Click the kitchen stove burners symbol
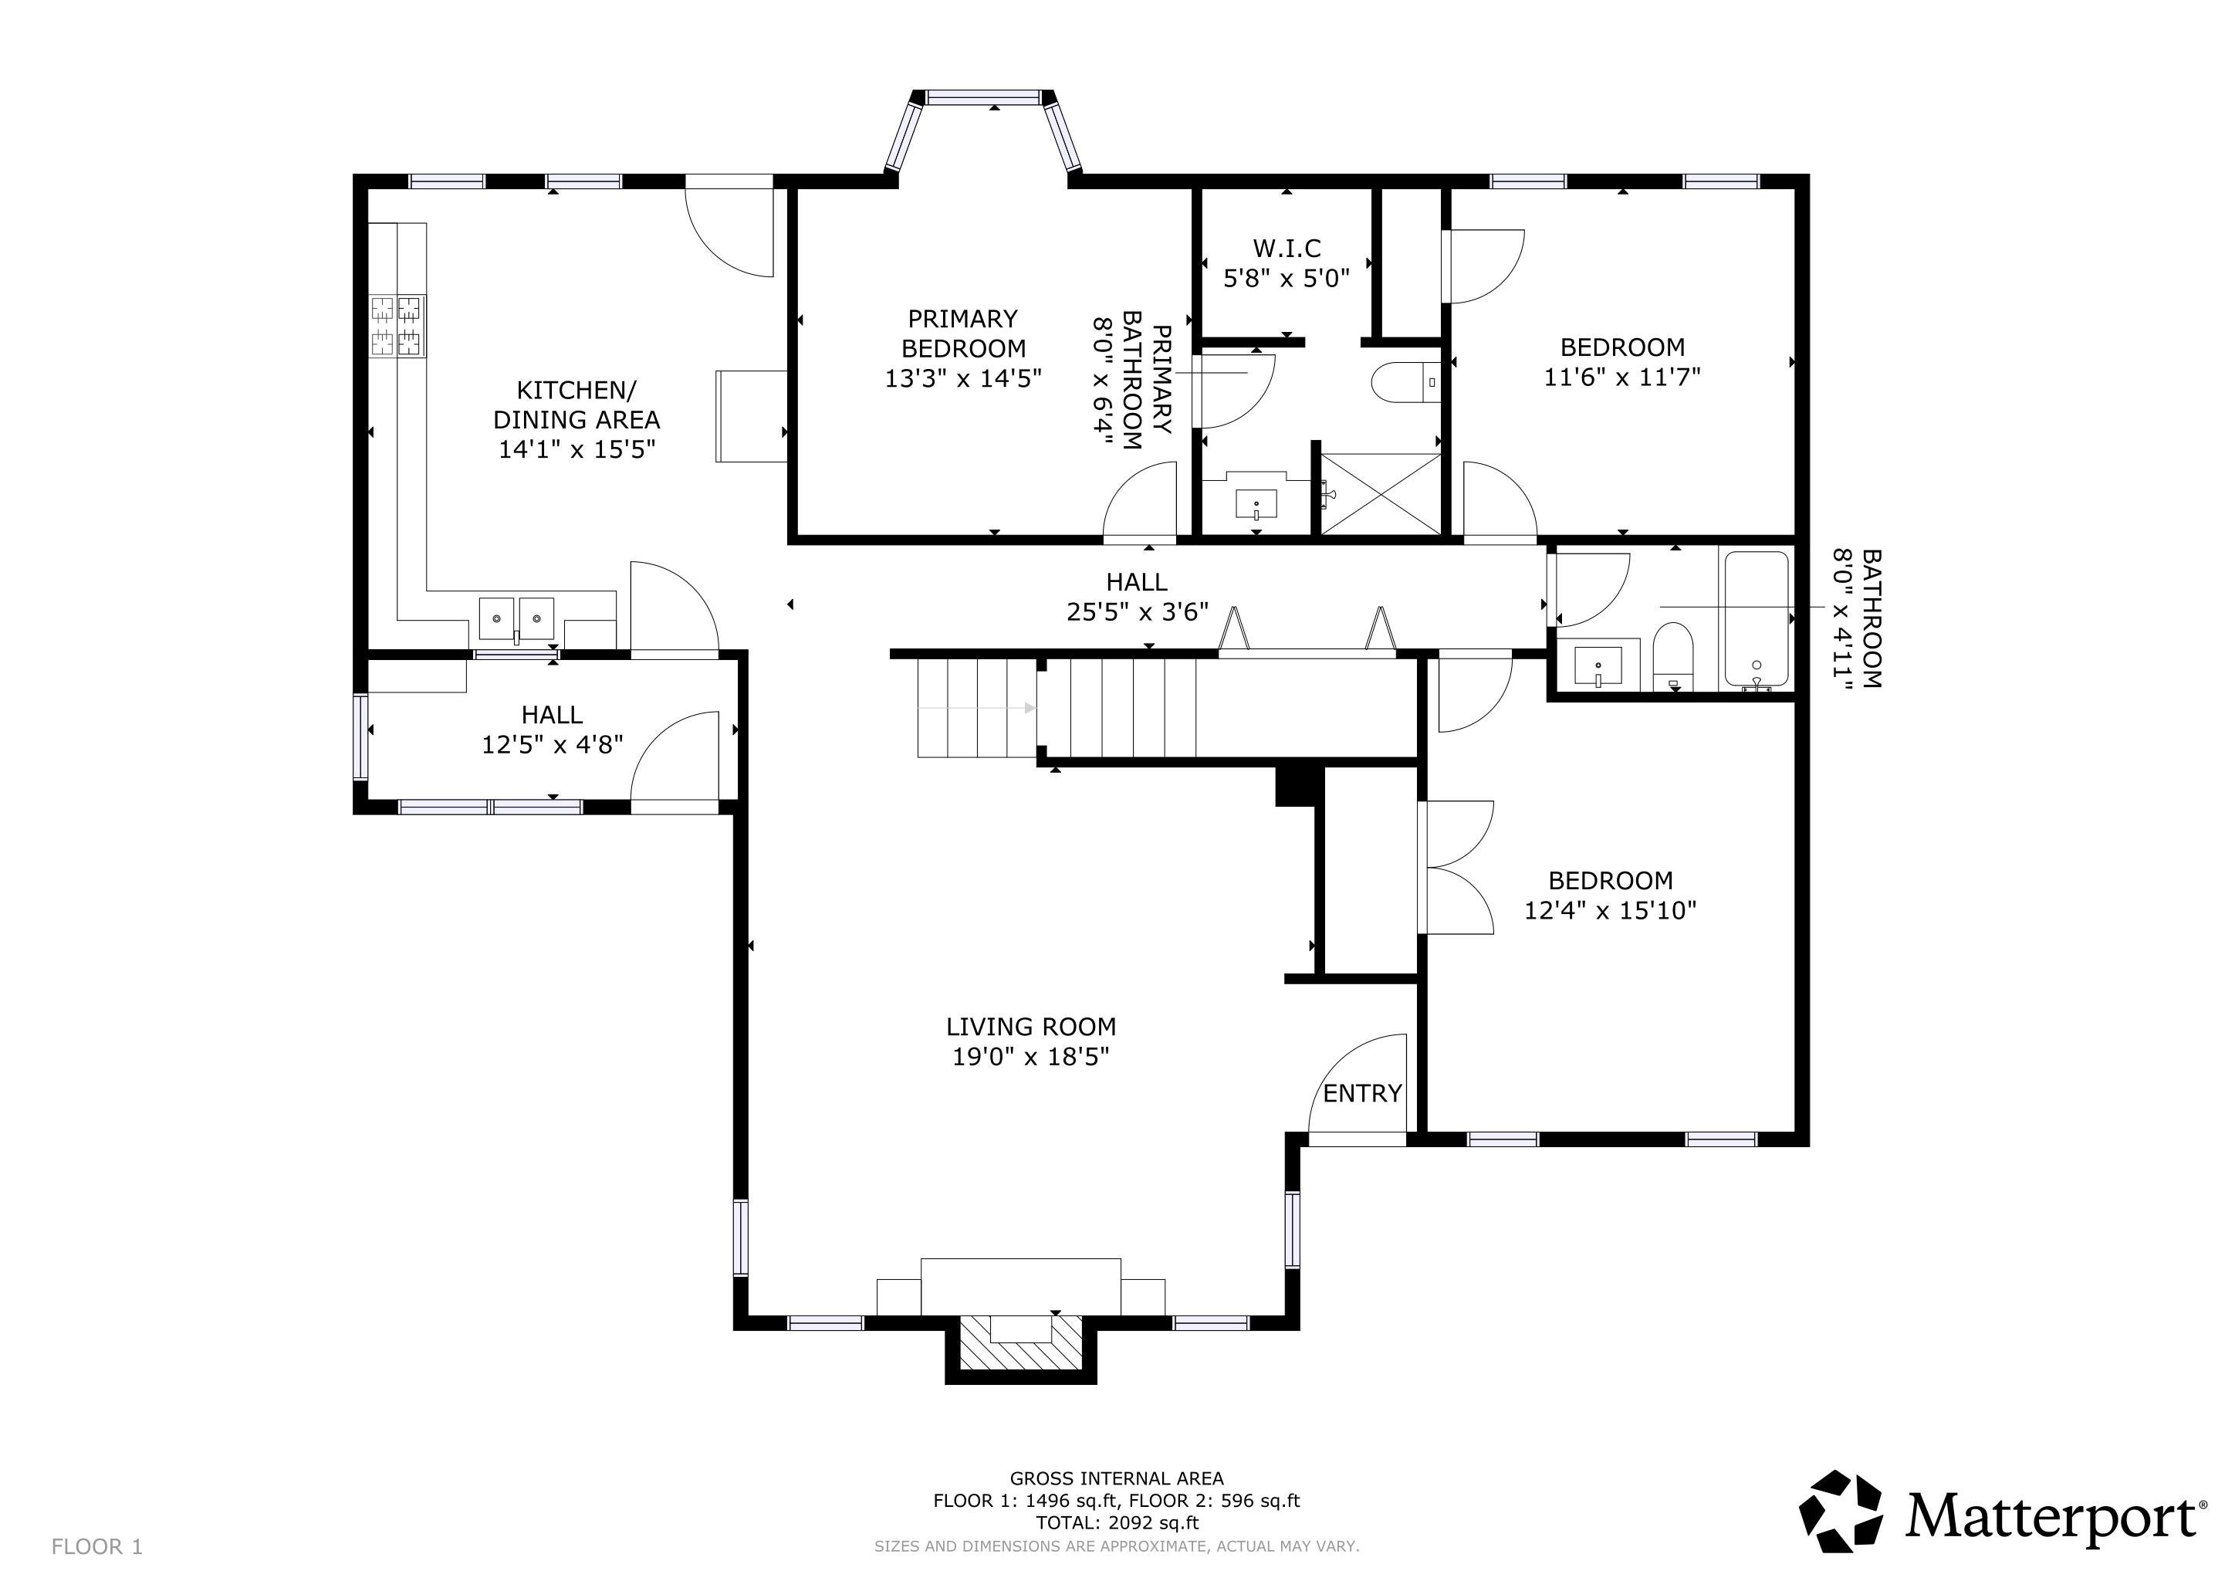point(398,326)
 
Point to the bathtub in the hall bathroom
point(1757,619)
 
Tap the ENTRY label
point(1362,1093)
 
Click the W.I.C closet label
point(1287,249)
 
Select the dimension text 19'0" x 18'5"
point(1031,1058)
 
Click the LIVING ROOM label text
point(1031,1027)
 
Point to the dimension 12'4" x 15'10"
point(1610,911)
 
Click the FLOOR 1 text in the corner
point(97,1547)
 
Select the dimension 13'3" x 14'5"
point(962,377)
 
